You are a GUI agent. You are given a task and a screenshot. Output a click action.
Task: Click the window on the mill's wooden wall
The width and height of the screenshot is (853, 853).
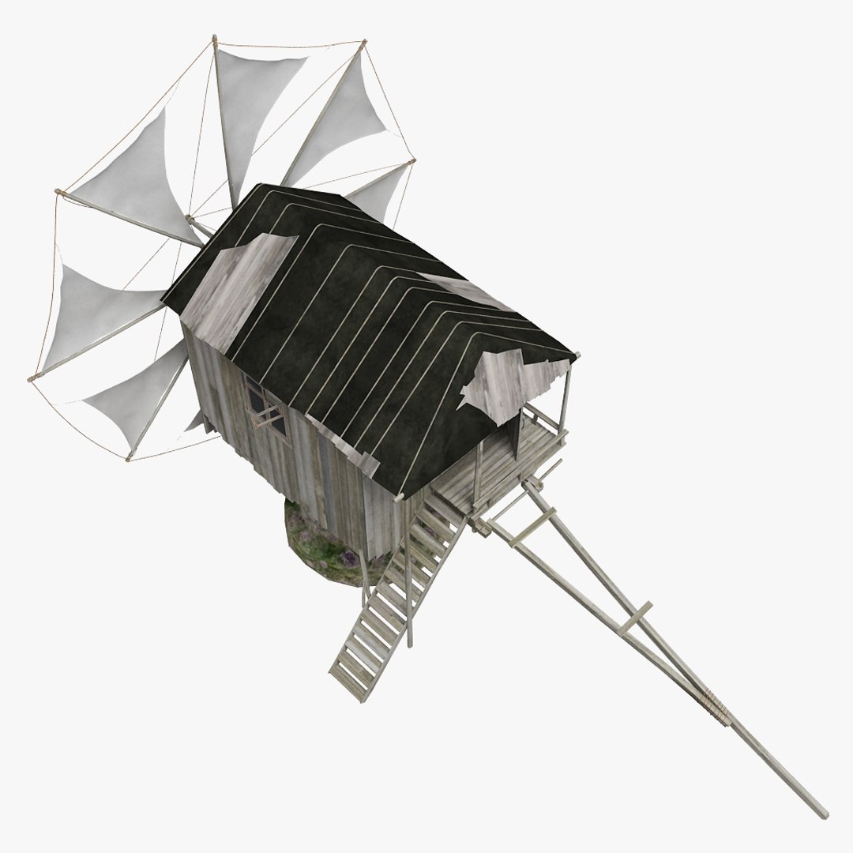pos(265,408)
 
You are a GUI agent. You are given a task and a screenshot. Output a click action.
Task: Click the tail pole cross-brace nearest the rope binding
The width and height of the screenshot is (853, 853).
pos(637,617)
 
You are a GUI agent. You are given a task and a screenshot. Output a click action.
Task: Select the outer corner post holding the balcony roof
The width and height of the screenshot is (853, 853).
pos(564,403)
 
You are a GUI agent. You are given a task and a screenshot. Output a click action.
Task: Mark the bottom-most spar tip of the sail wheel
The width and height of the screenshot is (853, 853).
pos(128,458)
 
